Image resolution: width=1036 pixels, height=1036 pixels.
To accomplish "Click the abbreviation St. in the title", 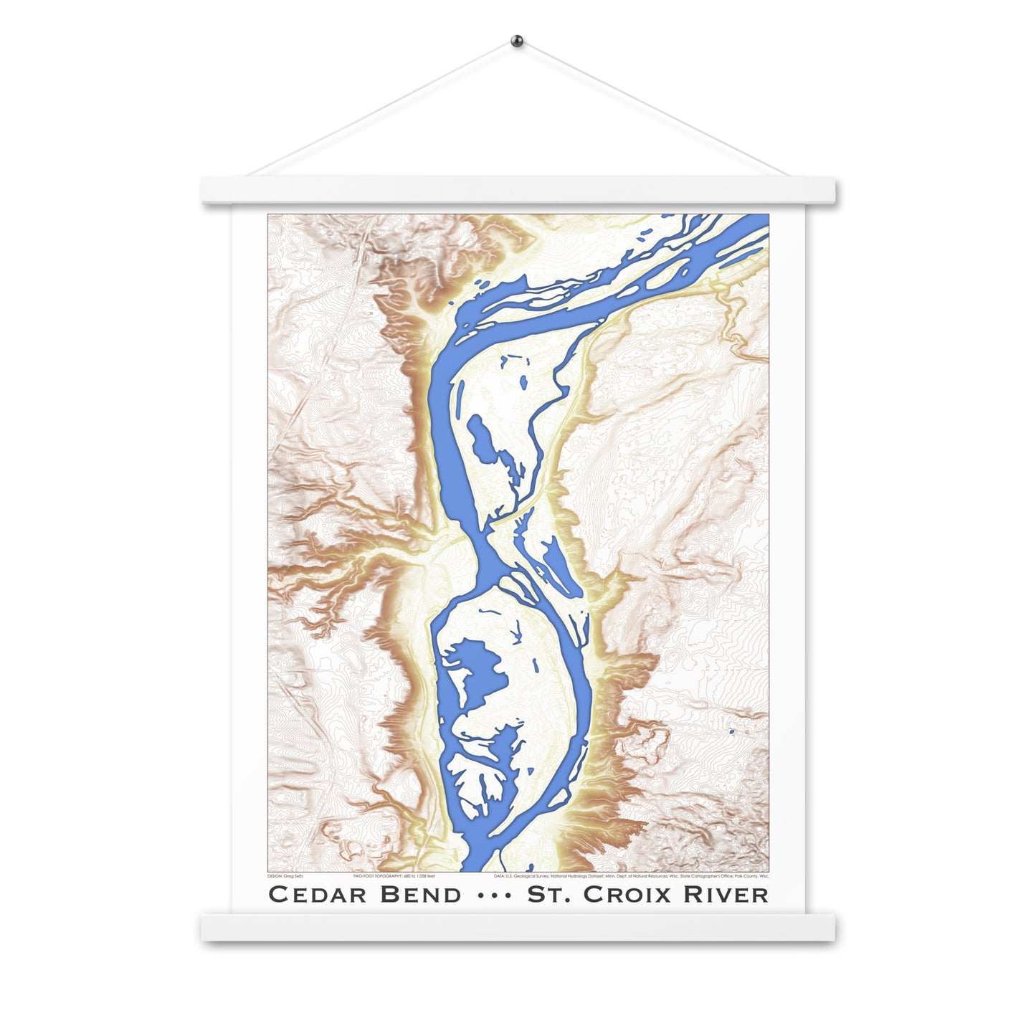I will click(x=550, y=894).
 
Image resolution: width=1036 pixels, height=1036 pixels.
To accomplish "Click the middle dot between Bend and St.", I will click(x=494, y=895).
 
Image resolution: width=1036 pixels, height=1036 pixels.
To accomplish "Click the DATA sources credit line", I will click(x=631, y=876).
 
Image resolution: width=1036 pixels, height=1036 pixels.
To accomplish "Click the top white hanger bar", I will click(x=518, y=190).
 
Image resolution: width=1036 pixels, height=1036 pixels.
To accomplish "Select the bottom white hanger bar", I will click(x=518, y=926).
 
